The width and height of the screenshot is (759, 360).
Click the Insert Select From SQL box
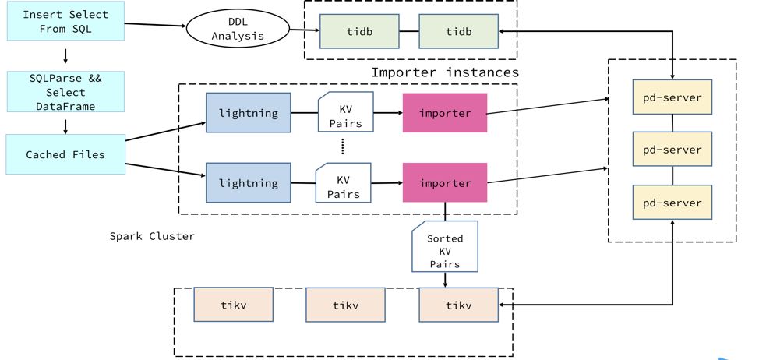[x=65, y=22]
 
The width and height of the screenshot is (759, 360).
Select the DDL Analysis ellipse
[x=238, y=30]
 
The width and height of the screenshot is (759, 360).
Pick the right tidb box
[x=459, y=30]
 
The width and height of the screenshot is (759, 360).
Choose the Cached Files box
[x=65, y=154]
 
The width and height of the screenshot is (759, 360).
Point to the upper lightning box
[x=248, y=112]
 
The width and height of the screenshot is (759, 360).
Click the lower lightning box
[x=248, y=182]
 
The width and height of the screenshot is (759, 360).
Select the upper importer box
[x=444, y=112]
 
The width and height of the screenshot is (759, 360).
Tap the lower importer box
[x=444, y=182]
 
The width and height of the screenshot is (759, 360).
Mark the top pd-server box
[x=673, y=97]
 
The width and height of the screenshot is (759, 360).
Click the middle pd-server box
[x=673, y=150]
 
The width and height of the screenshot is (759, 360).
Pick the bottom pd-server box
[x=673, y=203]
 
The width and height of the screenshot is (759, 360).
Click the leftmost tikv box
[x=233, y=305]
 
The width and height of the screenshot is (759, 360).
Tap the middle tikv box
[x=345, y=305]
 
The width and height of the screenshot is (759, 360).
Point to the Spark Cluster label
[x=152, y=235]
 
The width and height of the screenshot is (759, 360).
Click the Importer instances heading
[x=444, y=72]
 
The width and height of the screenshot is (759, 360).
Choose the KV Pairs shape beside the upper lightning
[x=345, y=112]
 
